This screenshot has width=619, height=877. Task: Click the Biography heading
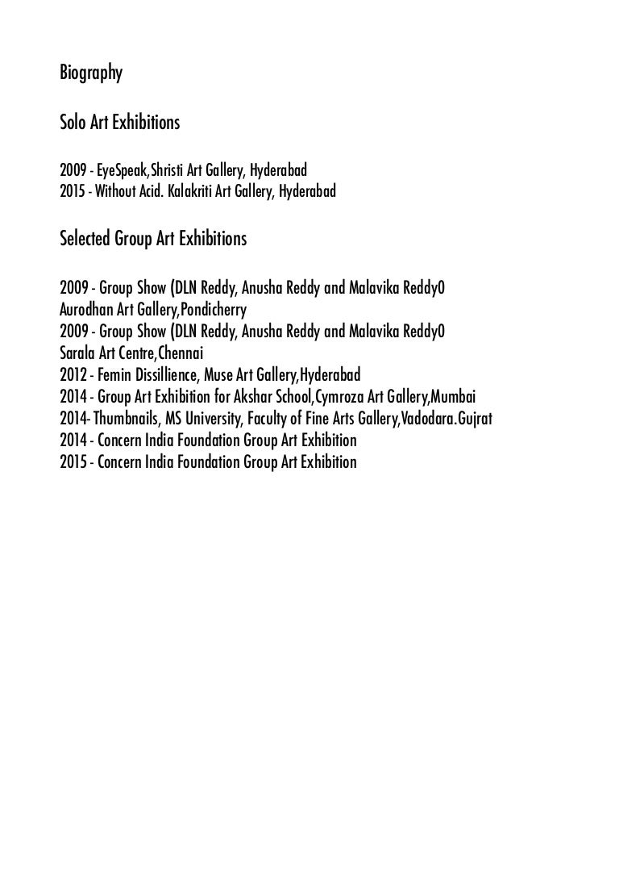[x=91, y=74]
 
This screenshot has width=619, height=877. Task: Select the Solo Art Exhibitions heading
[x=119, y=123]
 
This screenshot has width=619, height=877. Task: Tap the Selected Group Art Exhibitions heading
[x=153, y=240]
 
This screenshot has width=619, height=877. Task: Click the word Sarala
[x=77, y=353]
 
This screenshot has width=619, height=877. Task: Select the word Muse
[x=220, y=375]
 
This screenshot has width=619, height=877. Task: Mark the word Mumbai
[x=453, y=397]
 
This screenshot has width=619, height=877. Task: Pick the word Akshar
[x=256, y=397]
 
